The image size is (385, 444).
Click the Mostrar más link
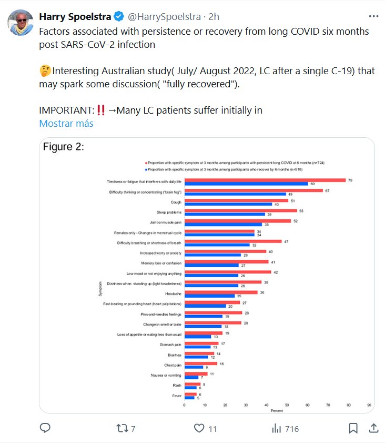tap(66, 124)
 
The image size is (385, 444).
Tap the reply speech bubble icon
tap(45, 428)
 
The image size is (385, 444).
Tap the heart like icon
tap(199, 428)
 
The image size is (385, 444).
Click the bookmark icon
tap(353, 428)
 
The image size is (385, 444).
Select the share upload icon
tap(373, 428)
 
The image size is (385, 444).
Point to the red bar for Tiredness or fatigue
tap(265, 180)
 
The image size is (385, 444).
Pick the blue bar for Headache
tap(209, 296)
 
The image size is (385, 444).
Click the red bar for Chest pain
tap(200, 364)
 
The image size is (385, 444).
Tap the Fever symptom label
tap(177, 396)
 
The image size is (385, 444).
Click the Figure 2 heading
tap(64, 146)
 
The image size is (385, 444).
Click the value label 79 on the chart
tap(350, 180)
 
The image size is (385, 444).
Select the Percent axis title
tap(277, 410)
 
